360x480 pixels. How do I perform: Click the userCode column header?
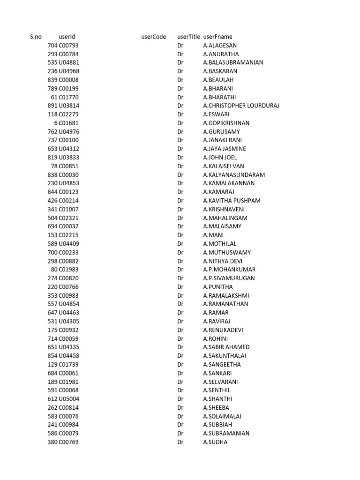(x=153, y=37)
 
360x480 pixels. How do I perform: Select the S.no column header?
(x=36, y=37)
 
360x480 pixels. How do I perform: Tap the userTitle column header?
(x=188, y=37)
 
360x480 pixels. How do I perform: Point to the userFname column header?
(x=217, y=37)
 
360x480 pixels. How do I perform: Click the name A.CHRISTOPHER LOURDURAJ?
(x=241, y=105)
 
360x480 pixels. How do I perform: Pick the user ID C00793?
(x=69, y=45)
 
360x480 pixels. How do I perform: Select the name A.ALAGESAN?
(x=220, y=45)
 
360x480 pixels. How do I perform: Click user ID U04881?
(x=69, y=62)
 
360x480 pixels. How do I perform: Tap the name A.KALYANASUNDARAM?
(x=234, y=175)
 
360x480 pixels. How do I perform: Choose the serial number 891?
(x=52, y=105)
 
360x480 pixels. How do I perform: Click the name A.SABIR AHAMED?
(x=226, y=347)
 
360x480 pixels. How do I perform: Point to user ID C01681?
(x=69, y=123)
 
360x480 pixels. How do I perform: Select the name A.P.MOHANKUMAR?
(x=229, y=270)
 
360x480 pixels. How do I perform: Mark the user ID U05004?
(x=69, y=398)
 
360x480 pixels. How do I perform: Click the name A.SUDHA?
(x=215, y=442)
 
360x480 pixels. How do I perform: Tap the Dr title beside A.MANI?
(x=180, y=235)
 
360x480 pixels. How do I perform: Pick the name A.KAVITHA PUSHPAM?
(x=232, y=201)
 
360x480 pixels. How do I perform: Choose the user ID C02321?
(x=69, y=218)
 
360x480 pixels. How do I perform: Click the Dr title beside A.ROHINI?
(x=180, y=338)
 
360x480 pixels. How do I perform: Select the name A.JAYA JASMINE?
(x=225, y=149)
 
